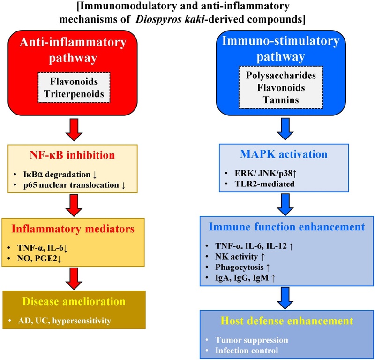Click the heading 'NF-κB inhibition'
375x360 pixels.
pos(73,155)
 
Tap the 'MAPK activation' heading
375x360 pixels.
pos(284,154)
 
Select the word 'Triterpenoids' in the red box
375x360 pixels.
pos(74,94)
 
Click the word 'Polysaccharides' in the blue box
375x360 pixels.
pos(281,76)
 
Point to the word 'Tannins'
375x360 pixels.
pos(281,100)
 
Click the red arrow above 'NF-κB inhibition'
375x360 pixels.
pos(74,130)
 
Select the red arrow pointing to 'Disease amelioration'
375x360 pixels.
pos(74,278)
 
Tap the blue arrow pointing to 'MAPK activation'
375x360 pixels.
pos(285,129)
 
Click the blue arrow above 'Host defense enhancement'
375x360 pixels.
pos(285,298)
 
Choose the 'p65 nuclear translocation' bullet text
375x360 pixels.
pos(71,185)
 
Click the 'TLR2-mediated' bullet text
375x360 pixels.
pos(264,184)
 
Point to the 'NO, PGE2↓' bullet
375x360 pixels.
pos(39,259)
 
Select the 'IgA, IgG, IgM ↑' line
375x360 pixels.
pos(245,278)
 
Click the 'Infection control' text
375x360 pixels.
pos(247,351)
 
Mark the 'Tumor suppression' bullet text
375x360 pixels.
pos(252,340)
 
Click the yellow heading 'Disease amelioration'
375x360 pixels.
pos(74,301)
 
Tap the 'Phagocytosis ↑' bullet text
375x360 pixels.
pos(242,268)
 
